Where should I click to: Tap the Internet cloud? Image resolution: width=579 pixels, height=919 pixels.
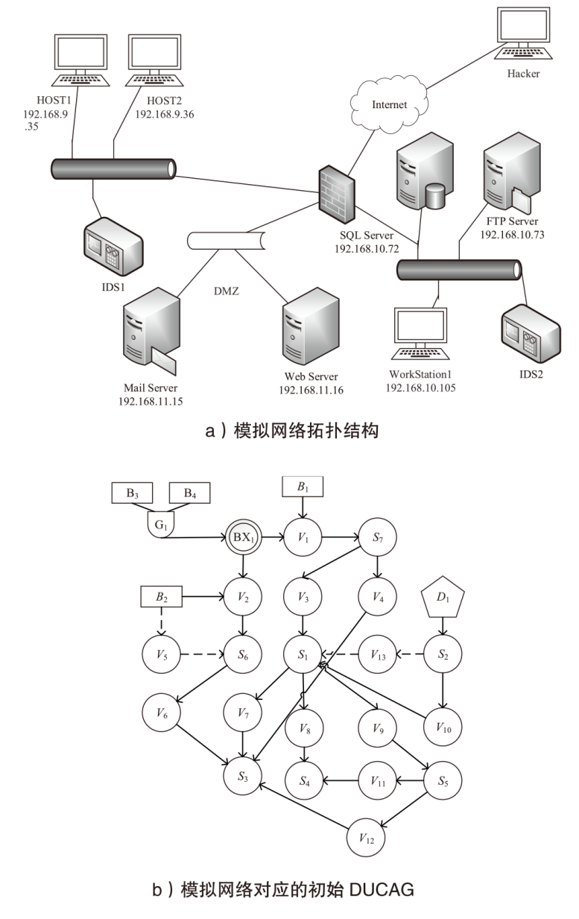(389, 104)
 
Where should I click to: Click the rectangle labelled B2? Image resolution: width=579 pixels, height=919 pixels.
(162, 596)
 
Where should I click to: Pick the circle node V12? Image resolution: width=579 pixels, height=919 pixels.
(366, 839)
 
